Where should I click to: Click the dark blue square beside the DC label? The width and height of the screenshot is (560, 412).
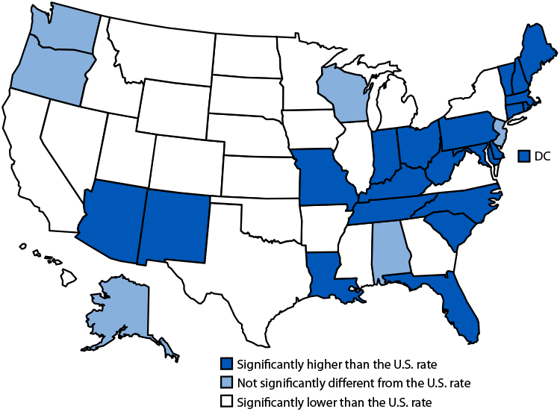coord(524,155)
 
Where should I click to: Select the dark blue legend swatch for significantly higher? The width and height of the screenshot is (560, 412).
coord(226,364)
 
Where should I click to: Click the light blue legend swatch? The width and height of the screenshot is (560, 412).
coord(226,384)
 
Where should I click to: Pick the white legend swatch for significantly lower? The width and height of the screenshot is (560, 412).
coord(226,402)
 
